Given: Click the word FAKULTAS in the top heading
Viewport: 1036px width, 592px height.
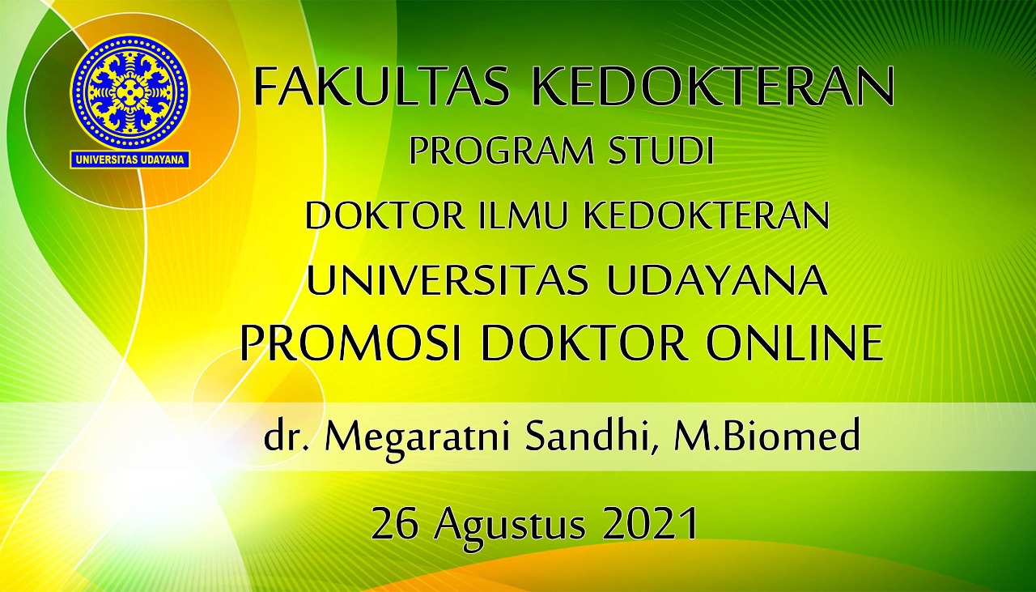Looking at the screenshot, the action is (381, 87).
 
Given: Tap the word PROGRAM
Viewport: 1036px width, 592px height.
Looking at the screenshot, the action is (501, 151).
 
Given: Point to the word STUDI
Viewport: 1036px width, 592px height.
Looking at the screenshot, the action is (662, 151).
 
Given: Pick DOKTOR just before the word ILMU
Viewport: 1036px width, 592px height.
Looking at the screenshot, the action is (384, 215).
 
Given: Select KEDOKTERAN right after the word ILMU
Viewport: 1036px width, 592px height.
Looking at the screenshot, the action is (707, 215).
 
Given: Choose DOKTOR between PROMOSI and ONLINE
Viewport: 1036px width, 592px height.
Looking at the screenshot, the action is (584, 343).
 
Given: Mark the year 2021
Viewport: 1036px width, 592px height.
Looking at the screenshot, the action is (650, 523).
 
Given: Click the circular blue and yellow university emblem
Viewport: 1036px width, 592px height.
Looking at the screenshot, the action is (130, 92).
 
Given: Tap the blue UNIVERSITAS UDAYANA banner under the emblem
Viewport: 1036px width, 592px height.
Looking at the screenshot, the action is (130, 160).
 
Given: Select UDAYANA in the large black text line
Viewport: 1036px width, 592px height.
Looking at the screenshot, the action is (717, 280).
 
